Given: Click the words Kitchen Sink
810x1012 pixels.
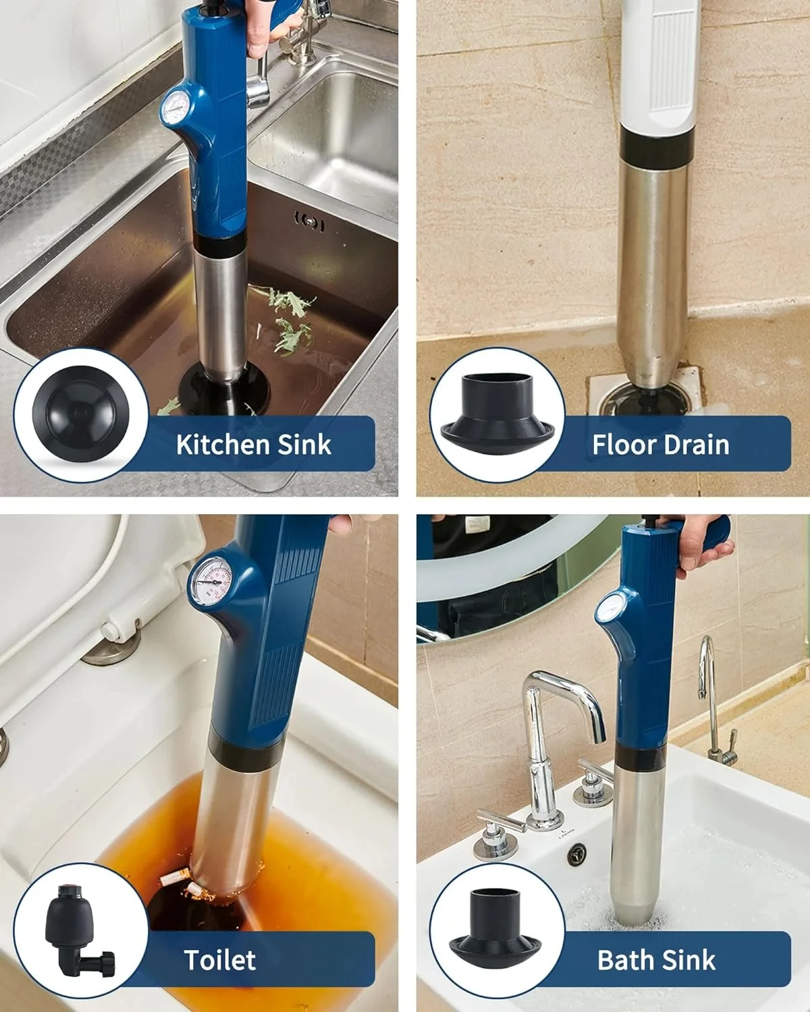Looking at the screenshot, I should coord(253,445).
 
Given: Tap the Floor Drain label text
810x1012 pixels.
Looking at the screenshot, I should coord(660,445).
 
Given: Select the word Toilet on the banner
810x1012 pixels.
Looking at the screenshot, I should coord(220,959).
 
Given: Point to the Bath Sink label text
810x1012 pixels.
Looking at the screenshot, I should coord(656,959).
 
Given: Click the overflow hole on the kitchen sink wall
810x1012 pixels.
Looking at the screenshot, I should coord(310,223).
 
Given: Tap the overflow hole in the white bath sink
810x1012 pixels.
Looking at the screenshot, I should coord(577,854).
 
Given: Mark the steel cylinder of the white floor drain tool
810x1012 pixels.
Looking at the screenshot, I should coord(652,270).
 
